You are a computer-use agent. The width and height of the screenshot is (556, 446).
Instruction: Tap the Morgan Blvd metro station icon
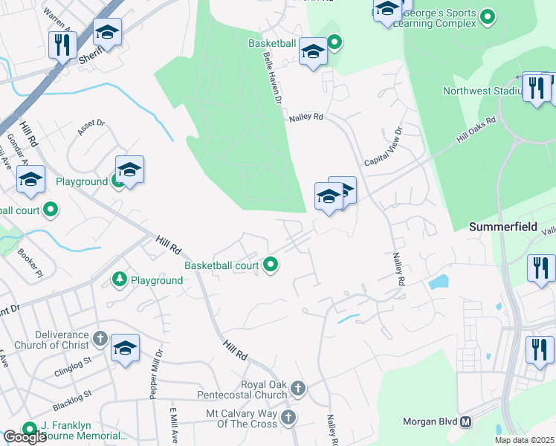tap(466, 421)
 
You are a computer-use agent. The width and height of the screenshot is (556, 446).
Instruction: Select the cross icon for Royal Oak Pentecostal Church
tap(297, 388)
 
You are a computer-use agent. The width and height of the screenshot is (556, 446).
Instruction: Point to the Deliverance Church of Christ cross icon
tap(101, 340)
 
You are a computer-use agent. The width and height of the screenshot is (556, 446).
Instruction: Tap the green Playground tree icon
tap(119, 279)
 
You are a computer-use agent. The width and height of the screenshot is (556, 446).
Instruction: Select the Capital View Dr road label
tap(384, 147)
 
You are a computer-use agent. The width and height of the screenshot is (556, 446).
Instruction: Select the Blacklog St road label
tap(71, 401)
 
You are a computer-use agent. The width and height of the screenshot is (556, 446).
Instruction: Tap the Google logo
tap(25, 437)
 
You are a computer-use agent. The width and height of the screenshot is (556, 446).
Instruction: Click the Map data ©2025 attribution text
tap(524, 440)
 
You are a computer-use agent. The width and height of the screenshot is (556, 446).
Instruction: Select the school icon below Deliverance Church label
tap(125, 348)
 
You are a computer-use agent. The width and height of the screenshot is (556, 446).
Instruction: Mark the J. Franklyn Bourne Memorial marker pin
tap(30, 429)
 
